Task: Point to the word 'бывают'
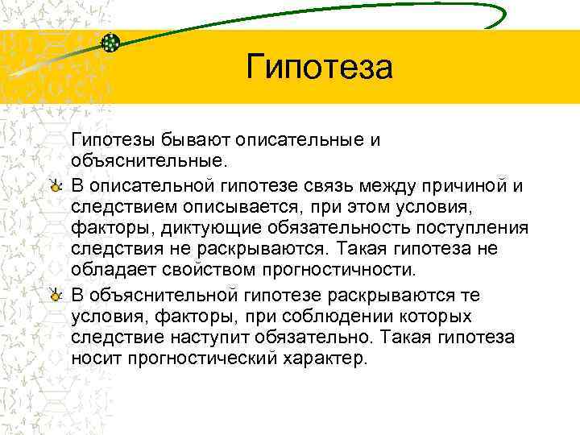(181, 140)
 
